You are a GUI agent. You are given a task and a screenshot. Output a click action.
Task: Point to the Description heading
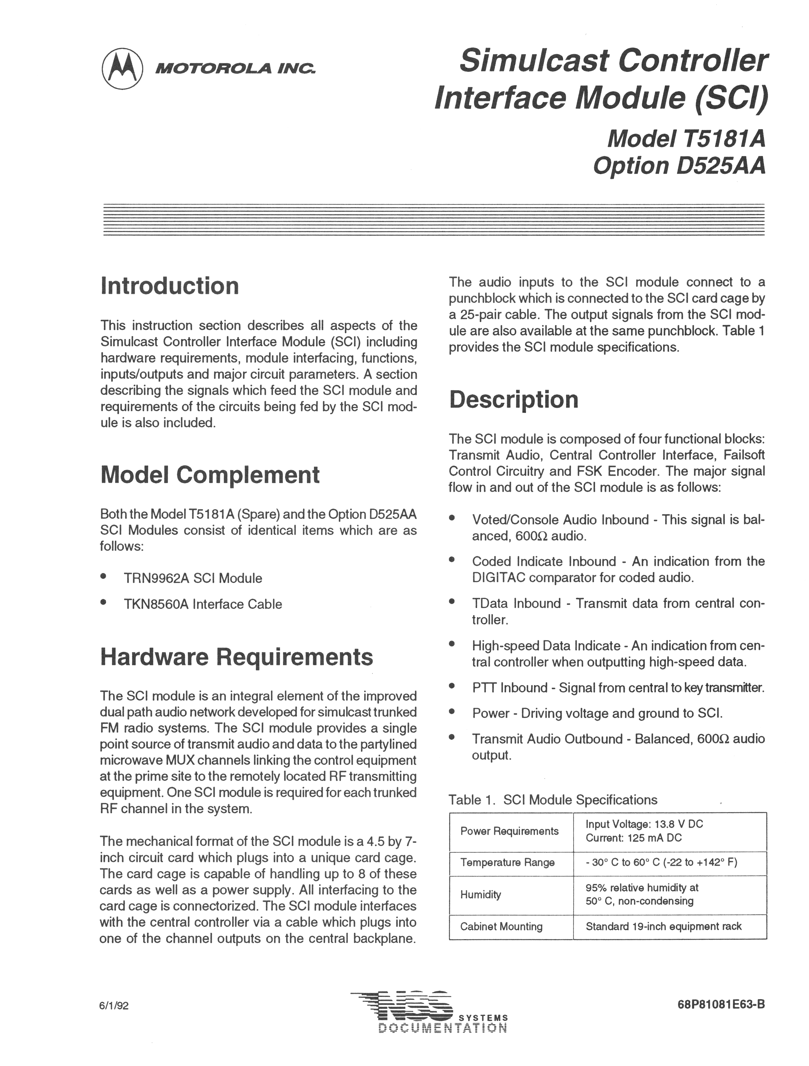[x=514, y=400]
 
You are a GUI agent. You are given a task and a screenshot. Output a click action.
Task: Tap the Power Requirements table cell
[x=509, y=831]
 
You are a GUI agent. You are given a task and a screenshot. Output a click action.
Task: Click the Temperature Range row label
[x=507, y=862]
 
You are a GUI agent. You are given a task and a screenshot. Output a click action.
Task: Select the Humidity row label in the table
[x=480, y=894]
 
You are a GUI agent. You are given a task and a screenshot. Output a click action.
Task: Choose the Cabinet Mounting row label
[x=501, y=926]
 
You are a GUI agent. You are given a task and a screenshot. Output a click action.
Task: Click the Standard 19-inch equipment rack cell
[x=664, y=926]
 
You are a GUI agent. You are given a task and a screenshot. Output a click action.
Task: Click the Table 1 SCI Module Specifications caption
[x=553, y=800]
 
